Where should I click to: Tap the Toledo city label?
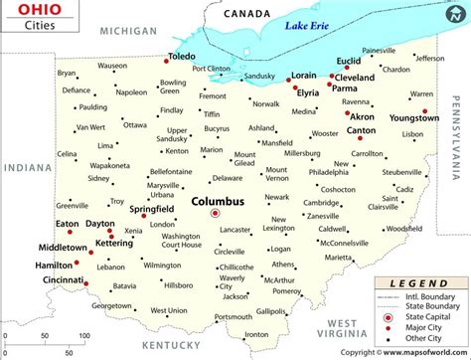pyautogui.click(x=184, y=57)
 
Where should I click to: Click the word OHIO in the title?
pyautogui.click(x=23, y=13)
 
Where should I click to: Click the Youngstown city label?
pyautogui.click(x=414, y=118)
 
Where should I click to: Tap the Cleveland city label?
pyautogui.click(x=353, y=77)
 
